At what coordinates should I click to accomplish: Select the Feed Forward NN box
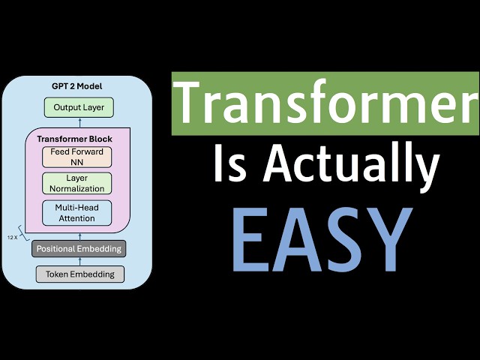(x=77, y=156)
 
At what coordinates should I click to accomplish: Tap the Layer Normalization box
(x=77, y=184)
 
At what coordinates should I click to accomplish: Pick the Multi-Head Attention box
(x=77, y=213)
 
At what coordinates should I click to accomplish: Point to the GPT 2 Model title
(x=77, y=85)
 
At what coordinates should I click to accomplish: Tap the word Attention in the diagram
(x=77, y=218)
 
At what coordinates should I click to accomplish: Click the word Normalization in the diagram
(x=77, y=189)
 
